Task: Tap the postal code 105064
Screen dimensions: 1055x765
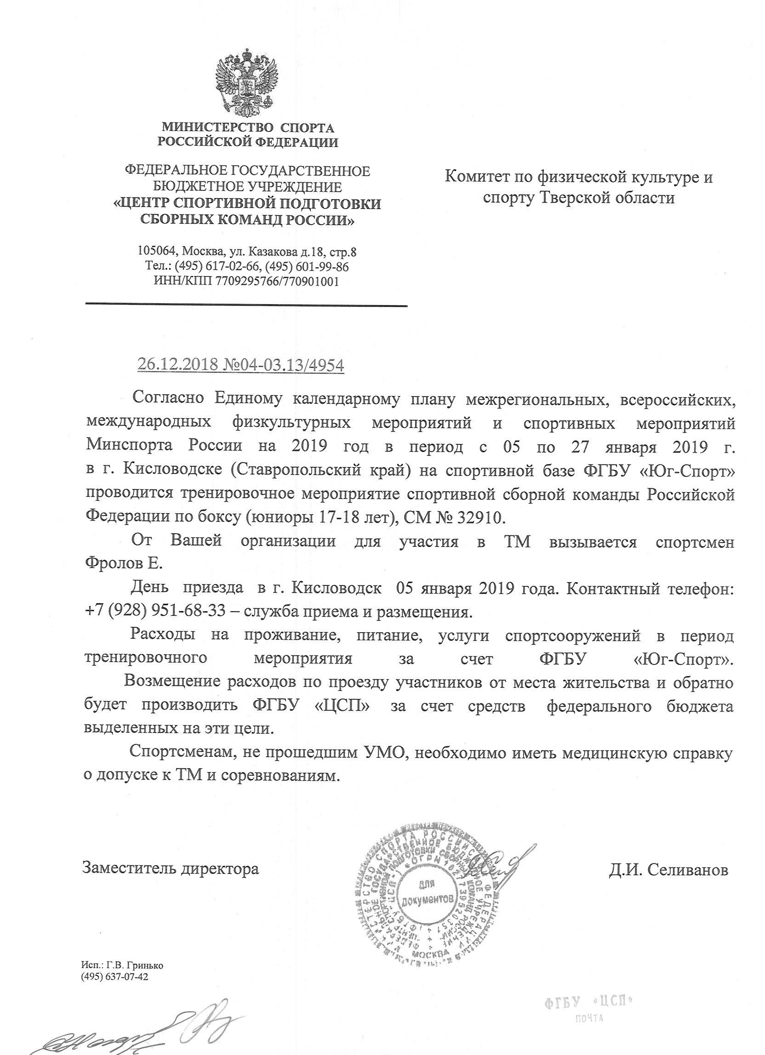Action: (x=157, y=252)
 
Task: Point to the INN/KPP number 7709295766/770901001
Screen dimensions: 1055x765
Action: (x=277, y=281)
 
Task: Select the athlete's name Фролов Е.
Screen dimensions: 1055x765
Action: (x=123, y=564)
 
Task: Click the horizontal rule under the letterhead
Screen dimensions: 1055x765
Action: (x=246, y=305)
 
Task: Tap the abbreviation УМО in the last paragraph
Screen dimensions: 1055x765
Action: (x=382, y=752)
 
